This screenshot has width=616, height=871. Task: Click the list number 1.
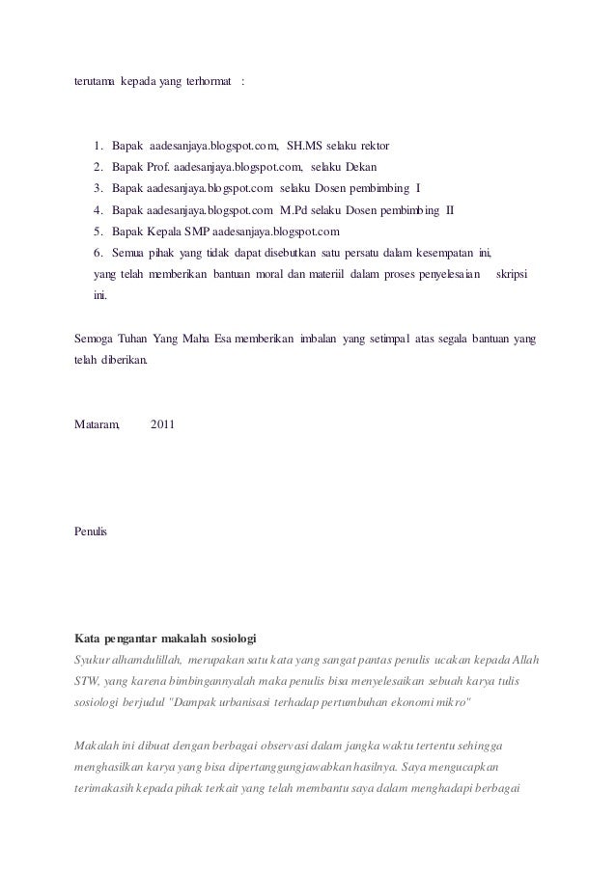click(98, 147)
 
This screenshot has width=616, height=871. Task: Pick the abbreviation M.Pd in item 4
click(294, 209)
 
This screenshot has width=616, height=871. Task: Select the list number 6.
click(98, 253)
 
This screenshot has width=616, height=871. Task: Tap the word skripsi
click(518, 275)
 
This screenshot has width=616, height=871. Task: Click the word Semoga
click(94, 340)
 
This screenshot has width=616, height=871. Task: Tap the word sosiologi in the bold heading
click(230, 639)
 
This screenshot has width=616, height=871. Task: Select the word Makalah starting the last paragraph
click(97, 745)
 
